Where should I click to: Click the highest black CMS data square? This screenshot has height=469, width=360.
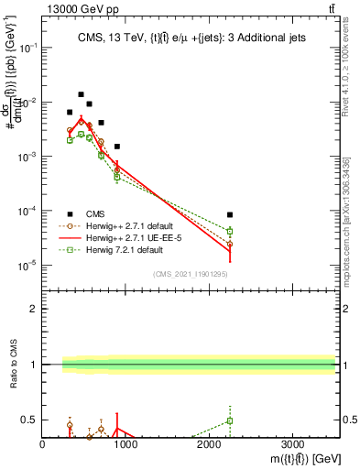click(81, 94)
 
